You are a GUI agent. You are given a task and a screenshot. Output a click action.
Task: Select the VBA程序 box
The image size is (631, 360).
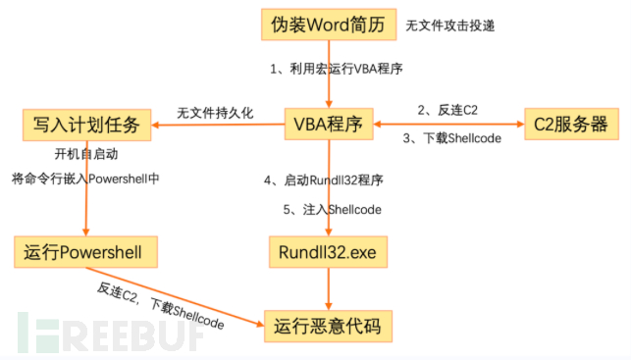pyautogui.click(x=329, y=125)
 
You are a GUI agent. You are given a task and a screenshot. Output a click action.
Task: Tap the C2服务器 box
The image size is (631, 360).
pyautogui.click(x=571, y=125)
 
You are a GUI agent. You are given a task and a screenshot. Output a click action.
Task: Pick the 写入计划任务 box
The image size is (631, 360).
pyautogui.click(x=86, y=125)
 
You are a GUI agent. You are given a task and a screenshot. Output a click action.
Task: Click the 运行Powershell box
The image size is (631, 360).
pyautogui.click(x=86, y=253)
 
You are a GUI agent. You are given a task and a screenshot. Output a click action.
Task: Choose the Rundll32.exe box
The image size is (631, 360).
pyautogui.click(x=329, y=253)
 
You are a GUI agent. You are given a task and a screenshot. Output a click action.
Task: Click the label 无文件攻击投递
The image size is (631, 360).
pyautogui.click(x=450, y=26)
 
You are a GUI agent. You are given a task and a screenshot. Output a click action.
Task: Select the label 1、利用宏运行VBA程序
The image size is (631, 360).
pyautogui.click(x=336, y=71)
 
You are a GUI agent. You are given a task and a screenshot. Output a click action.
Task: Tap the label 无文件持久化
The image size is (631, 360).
pyautogui.click(x=215, y=113)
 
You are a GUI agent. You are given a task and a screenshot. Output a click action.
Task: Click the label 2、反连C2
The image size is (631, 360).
pyautogui.click(x=447, y=110)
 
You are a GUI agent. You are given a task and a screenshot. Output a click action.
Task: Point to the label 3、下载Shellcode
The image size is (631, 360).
pyautogui.click(x=452, y=138)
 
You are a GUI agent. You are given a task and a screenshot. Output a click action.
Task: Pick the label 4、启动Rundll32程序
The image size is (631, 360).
pyautogui.click(x=323, y=180)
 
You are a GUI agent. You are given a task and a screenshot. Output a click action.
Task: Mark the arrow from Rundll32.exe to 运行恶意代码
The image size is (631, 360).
pyautogui.click(x=329, y=289)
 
